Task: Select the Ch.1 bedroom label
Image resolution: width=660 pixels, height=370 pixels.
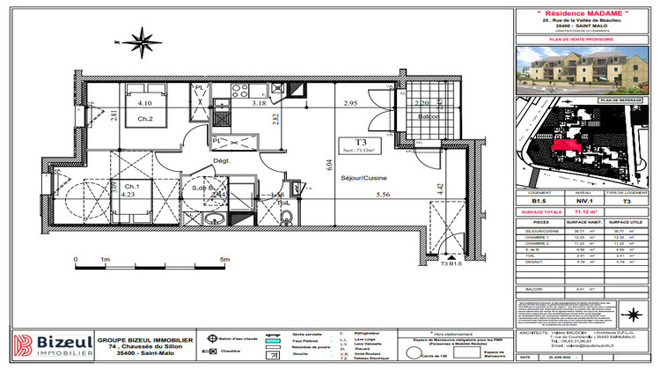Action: pos(129,187)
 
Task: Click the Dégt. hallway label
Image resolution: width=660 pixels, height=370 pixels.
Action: pos(221,160)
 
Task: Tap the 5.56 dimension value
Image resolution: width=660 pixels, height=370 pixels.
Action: pos(382,195)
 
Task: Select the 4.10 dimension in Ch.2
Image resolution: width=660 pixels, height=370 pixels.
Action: pos(144,103)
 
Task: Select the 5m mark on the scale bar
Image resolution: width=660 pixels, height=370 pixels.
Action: pos(225,259)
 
